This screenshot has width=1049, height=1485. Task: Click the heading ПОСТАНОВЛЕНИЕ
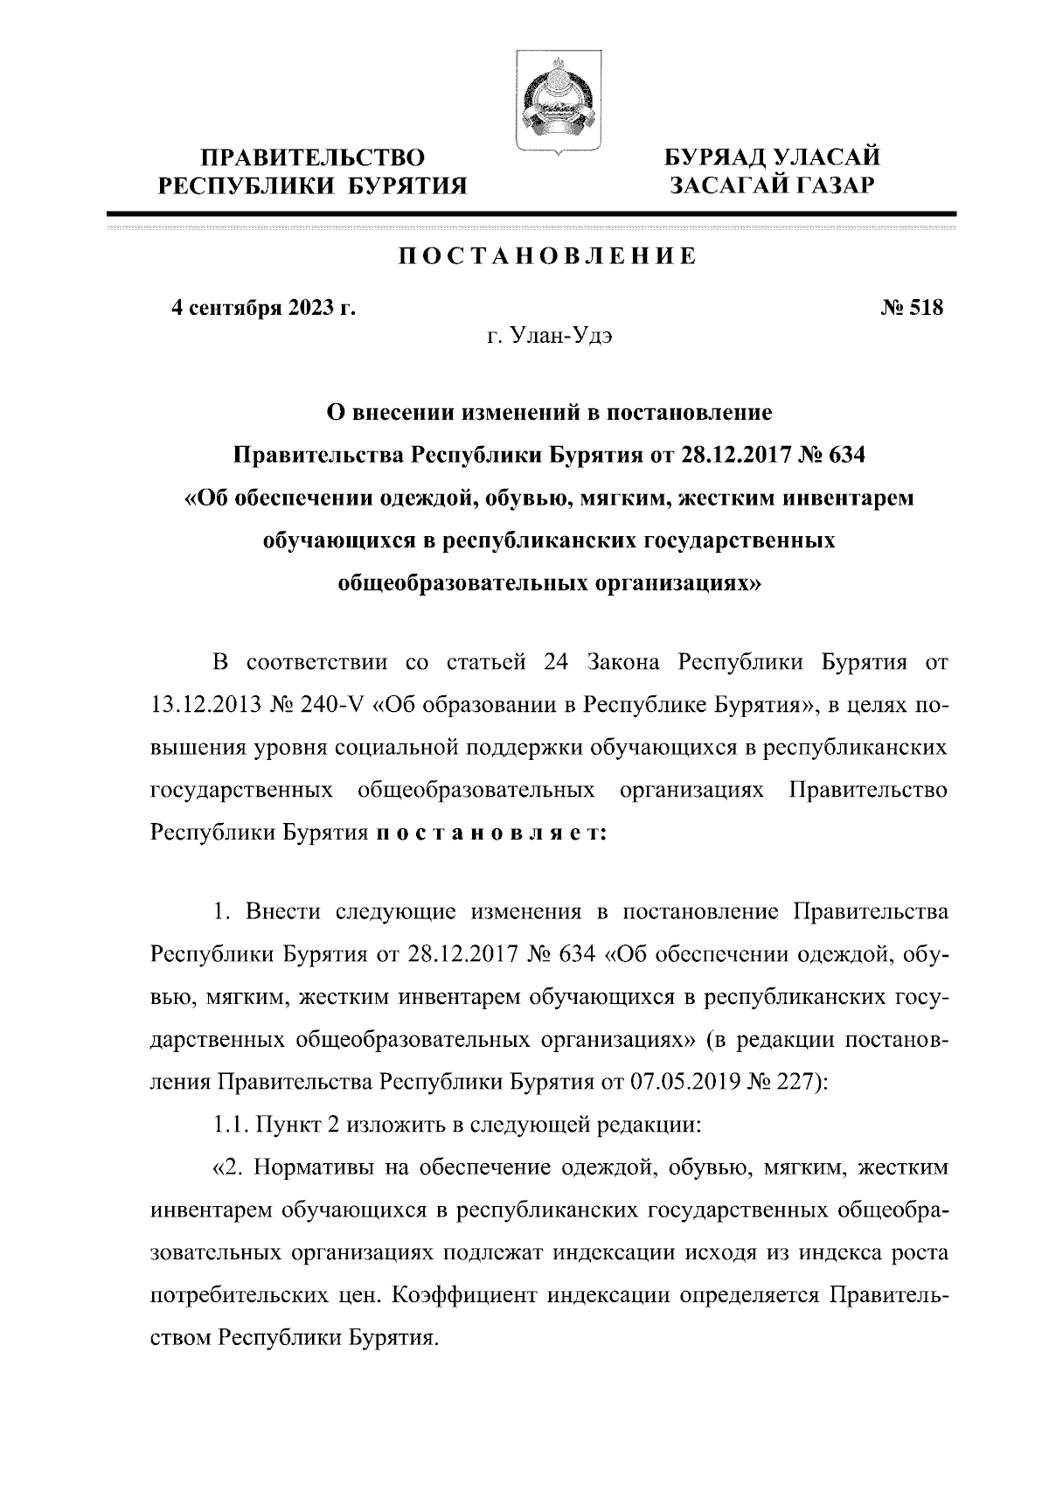548,256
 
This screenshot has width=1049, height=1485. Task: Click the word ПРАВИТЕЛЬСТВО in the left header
314,157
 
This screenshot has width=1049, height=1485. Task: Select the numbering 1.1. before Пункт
231,1124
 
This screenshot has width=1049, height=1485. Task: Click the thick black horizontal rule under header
531,213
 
